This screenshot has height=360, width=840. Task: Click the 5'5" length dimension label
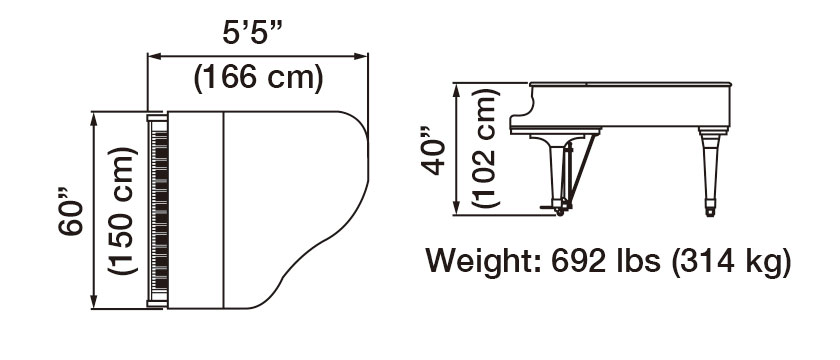pos(254,32)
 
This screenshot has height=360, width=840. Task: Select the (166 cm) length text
pos(258,78)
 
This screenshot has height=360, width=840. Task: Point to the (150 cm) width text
pos(119,211)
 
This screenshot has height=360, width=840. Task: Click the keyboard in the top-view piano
pos(156,211)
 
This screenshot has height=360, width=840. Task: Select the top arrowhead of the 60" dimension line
pos(94,115)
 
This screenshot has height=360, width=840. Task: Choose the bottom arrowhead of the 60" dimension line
pos(94,304)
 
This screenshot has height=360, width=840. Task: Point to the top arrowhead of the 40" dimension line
pos(459,89)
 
